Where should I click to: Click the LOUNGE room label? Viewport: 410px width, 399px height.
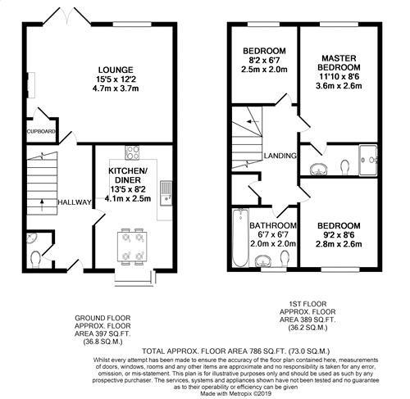pyautogui.click(x=116, y=70)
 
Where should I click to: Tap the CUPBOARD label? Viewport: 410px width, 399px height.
pyautogui.click(x=41, y=132)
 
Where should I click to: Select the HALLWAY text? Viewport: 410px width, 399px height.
pyautogui.click(x=75, y=202)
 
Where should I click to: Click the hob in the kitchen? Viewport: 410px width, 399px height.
pyautogui.click(x=132, y=152)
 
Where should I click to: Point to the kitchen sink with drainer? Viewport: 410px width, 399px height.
pyautogui.click(x=166, y=193)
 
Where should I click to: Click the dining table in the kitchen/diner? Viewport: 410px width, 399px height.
pyautogui.click(x=132, y=247)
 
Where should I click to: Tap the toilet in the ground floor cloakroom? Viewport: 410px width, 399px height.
pyautogui.click(x=35, y=260)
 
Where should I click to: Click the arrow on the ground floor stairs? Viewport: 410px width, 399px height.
pyautogui.click(x=42, y=205)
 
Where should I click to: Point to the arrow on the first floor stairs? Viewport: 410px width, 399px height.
pyautogui.click(x=253, y=121)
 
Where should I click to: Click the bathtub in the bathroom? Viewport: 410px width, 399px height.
pyautogui.click(x=240, y=238)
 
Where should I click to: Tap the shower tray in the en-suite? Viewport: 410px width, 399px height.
pyautogui.click(x=368, y=160)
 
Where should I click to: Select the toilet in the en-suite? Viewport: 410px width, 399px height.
pyautogui.click(x=345, y=167)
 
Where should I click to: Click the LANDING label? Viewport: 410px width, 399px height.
pyautogui.click(x=280, y=156)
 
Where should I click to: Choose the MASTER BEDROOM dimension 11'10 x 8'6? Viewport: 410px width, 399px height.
pyautogui.click(x=339, y=77)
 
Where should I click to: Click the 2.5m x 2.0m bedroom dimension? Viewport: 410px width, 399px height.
pyautogui.click(x=264, y=70)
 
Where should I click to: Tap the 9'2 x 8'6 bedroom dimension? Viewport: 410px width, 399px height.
pyautogui.click(x=339, y=235)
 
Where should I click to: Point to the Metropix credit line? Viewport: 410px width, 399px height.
pyautogui.click(x=236, y=393)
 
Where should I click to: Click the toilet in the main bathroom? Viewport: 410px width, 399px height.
pyautogui.click(x=285, y=258)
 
